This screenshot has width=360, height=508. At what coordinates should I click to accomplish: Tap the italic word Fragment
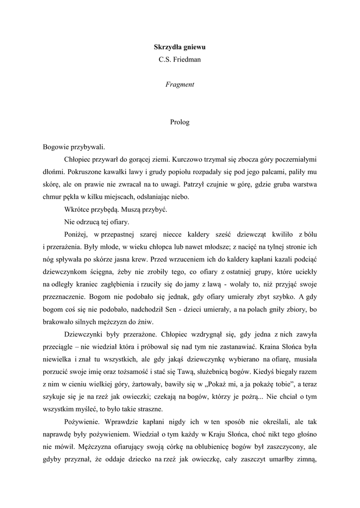pos(179,84)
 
